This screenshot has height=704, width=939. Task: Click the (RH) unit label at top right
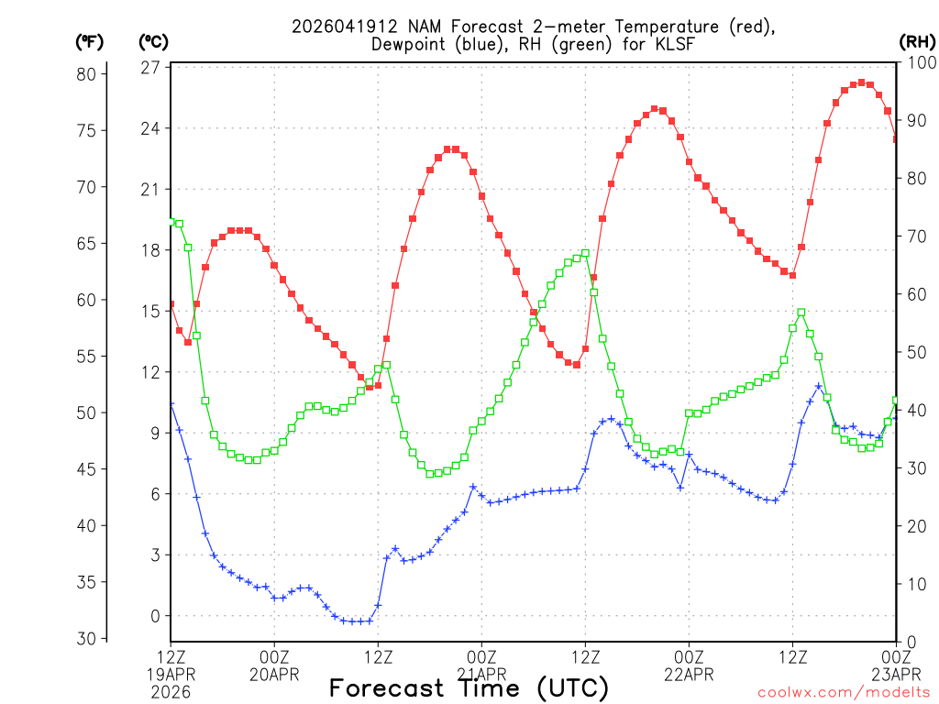916,41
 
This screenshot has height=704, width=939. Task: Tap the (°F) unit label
90,41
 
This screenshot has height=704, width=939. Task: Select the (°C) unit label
152,41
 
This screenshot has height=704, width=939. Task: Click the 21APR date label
481,675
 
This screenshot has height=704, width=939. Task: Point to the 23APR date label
896,675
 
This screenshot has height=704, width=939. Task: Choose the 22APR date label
689,675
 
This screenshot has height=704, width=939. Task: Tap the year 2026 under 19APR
171,691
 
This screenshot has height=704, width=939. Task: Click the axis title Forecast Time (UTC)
469,687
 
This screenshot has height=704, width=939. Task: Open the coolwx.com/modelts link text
844,692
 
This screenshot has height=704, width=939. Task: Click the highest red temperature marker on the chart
861,82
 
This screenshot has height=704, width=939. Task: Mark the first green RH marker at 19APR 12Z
171,220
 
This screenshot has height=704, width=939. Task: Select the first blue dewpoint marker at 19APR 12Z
171,404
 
